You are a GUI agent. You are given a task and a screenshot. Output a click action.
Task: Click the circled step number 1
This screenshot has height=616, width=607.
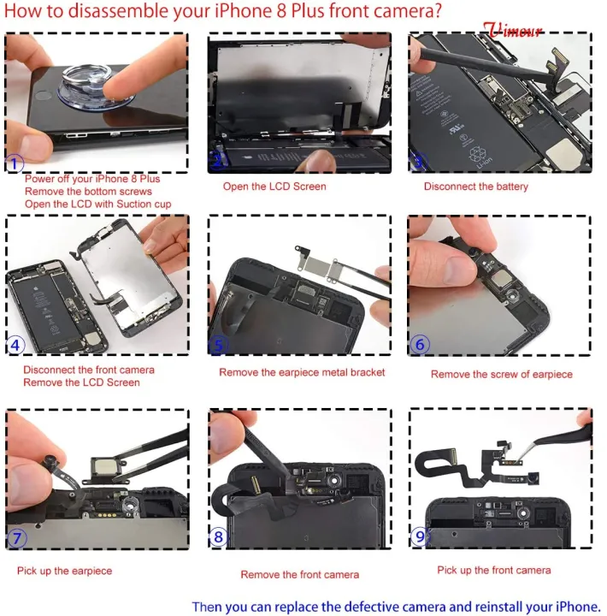[16, 164]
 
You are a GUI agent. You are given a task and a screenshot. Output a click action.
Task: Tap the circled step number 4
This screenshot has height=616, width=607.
[16, 346]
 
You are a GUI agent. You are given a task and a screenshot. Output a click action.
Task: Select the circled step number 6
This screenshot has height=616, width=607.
[420, 345]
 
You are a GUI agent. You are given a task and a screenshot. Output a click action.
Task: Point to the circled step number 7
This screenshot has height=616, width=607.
[17, 539]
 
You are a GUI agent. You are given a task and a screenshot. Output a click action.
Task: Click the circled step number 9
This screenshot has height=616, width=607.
[419, 537]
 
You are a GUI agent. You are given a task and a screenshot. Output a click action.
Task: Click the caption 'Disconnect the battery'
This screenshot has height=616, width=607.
[476, 187]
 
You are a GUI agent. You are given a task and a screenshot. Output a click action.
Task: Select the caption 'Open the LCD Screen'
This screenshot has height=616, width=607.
[274, 187]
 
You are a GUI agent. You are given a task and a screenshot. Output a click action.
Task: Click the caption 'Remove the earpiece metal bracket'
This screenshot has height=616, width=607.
[302, 372]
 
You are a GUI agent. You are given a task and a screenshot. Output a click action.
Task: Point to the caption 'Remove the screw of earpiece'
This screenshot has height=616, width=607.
[501, 374]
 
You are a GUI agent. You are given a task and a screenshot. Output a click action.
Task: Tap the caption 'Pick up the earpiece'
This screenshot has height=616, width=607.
[64, 571]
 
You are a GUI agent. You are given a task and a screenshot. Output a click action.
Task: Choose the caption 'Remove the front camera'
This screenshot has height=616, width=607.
[299, 575]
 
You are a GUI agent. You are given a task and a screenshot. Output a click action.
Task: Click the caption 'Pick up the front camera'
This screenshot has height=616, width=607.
[493, 570]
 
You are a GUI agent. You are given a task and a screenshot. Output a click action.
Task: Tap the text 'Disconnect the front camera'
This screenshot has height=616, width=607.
[89, 370]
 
